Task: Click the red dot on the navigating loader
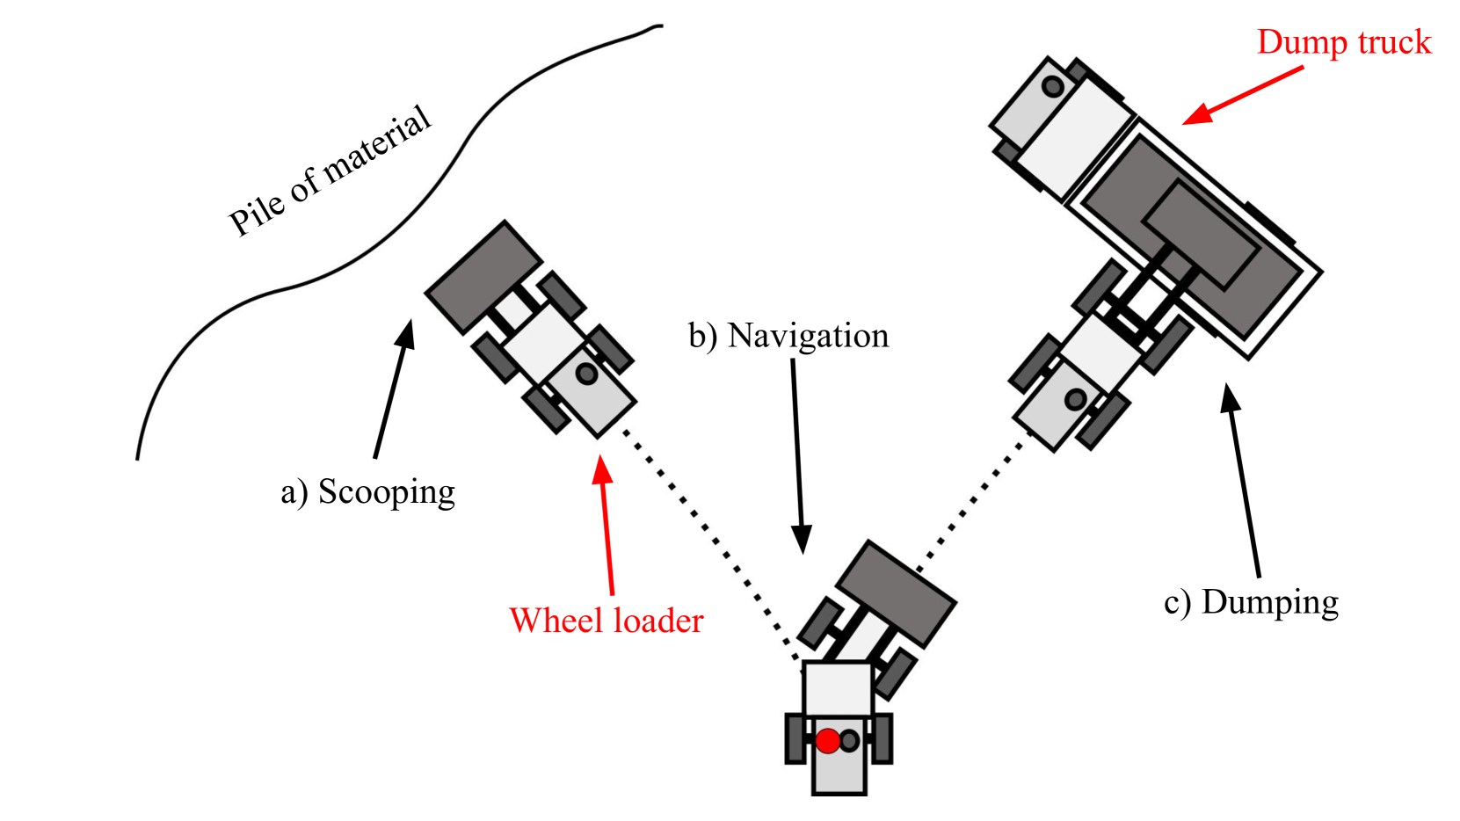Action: click(x=827, y=741)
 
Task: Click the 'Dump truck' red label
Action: click(x=1343, y=42)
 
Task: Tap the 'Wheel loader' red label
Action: click(x=606, y=621)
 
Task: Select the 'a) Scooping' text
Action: click(x=367, y=492)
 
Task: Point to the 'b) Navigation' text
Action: click(x=788, y=336)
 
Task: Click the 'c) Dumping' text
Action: click(x=1250, y=603)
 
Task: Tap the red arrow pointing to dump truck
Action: click(x=1241, y=95)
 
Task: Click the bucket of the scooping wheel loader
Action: click(x=483, y=275)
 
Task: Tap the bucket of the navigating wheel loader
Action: click(x=895, y=593)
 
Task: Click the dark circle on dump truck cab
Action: click(x=1052, y=87)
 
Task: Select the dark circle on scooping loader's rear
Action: click(x=586, y=374)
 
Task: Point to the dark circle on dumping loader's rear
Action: click(x=1075, y=400)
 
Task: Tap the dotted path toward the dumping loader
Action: click(x=971, y=502)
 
